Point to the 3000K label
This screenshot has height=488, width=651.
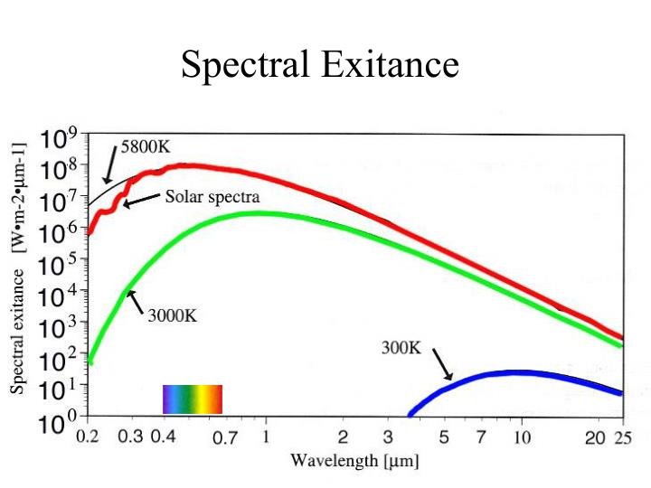(172, 315)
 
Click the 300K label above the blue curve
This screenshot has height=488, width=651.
(401, 347)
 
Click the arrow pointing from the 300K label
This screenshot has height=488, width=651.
(440, 363)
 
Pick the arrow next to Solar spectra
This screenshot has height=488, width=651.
(141, 201)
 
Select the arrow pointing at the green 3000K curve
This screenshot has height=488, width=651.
(135, 300)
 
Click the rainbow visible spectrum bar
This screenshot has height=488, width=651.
(192, 399)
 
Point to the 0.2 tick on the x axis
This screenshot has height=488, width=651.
(87, 438)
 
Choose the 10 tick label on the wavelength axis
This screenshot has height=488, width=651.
(520, 438)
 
